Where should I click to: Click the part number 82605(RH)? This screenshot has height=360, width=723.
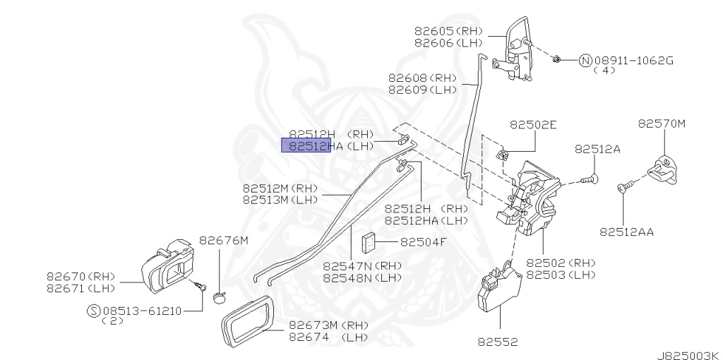click(448, 32)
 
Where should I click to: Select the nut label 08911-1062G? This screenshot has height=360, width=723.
click(635, 61)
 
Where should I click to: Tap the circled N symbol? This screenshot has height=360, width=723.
click(585, 61)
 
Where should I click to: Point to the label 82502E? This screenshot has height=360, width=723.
click(533, 124)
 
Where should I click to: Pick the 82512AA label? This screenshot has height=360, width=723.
click(626, 231)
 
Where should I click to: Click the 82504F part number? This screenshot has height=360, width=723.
click(424, 242)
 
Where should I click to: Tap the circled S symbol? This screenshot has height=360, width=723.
click(93, 310)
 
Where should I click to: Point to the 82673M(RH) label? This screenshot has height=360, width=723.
click(321, 326)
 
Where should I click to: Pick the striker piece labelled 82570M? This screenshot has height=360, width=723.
click(664, 169)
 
